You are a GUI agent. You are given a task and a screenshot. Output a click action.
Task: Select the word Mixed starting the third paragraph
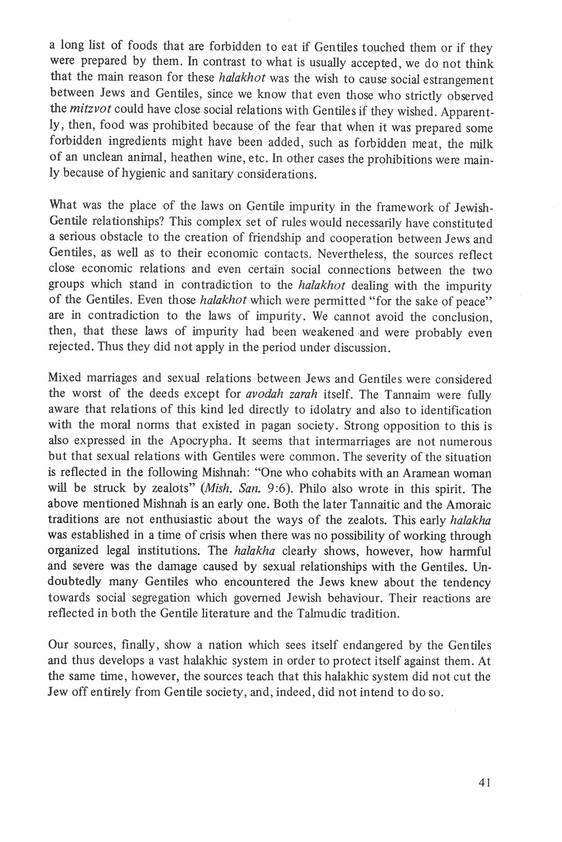click(x=66, y=379)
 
